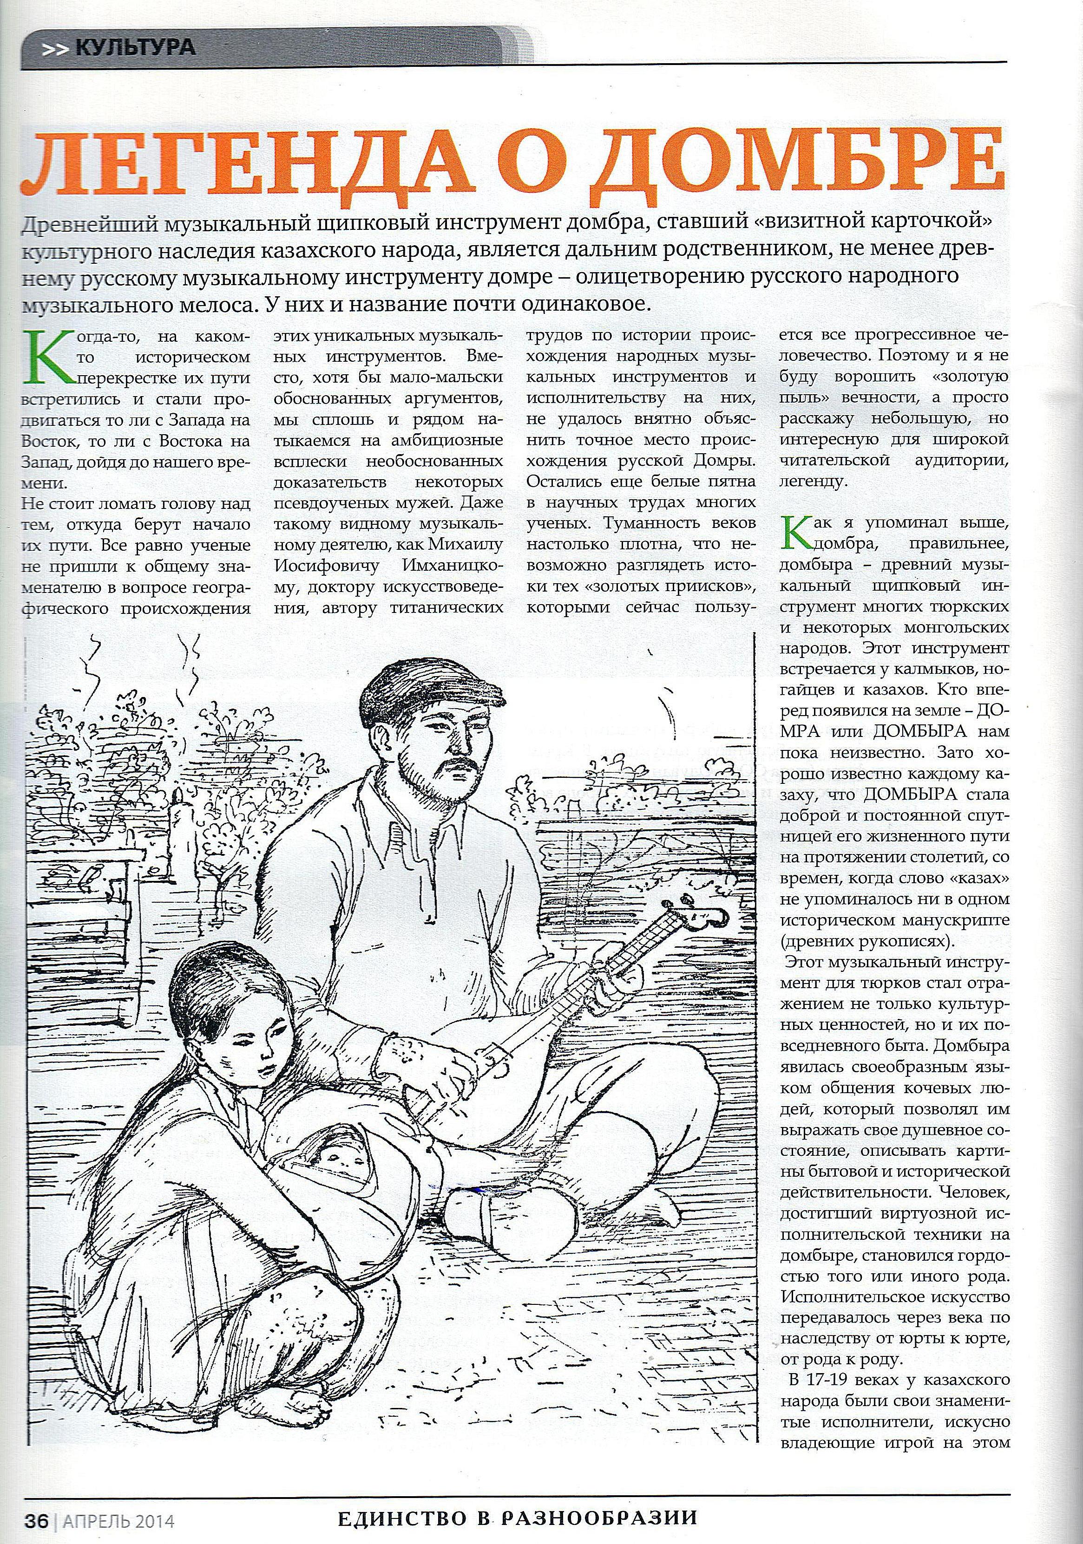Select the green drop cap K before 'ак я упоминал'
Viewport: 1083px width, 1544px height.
[797, 531]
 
